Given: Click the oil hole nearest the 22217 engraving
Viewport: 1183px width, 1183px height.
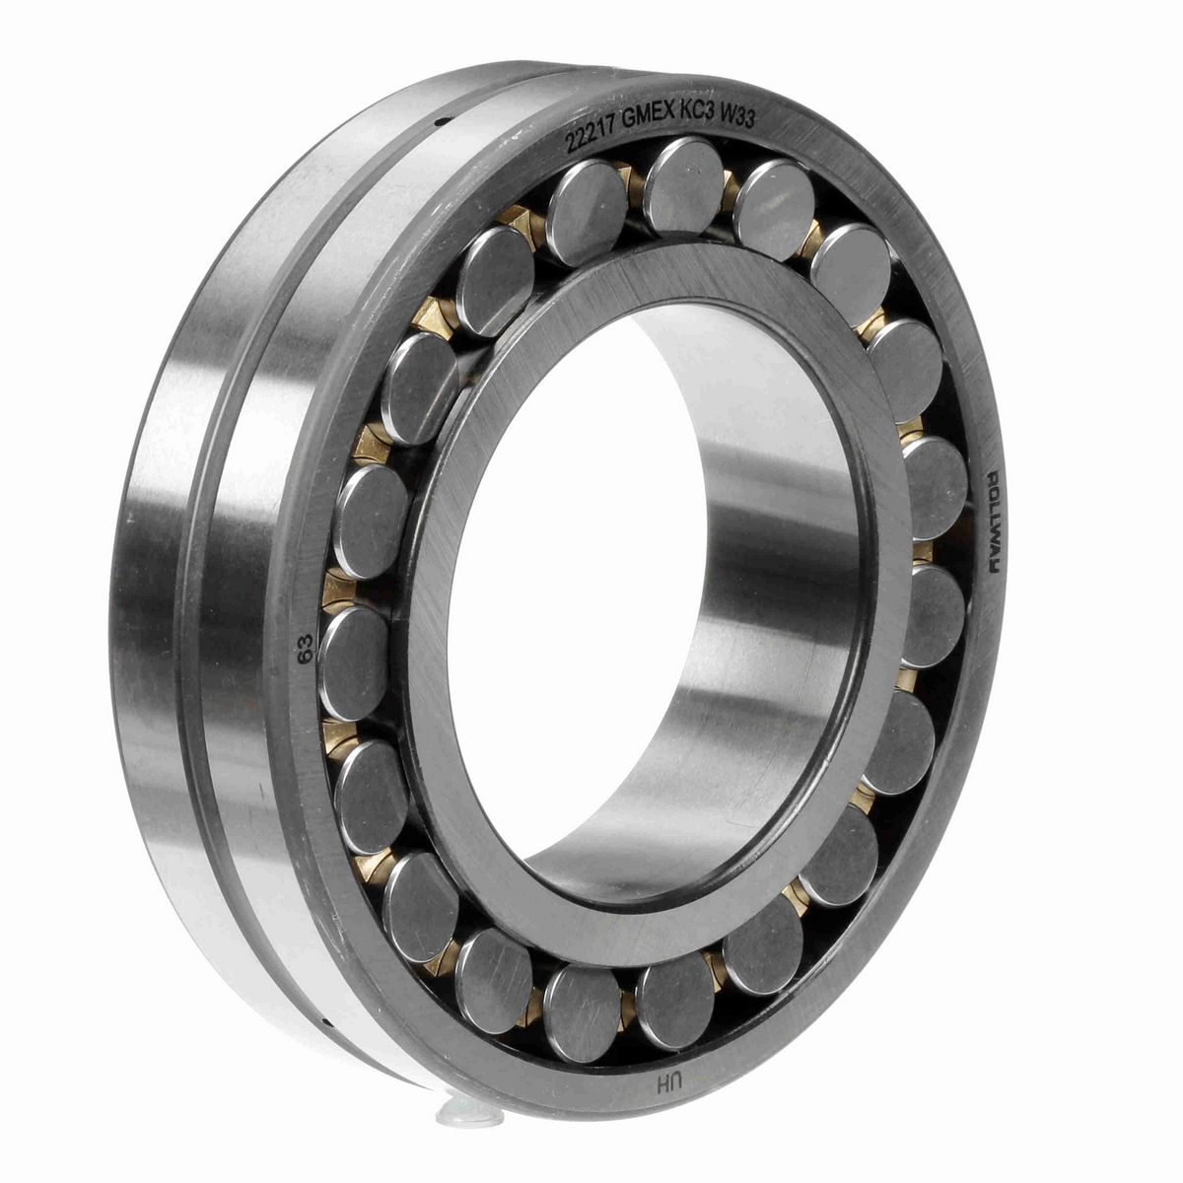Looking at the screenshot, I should coord(440,122).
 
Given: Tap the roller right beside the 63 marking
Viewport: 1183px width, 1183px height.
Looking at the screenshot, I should coord(356,649).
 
